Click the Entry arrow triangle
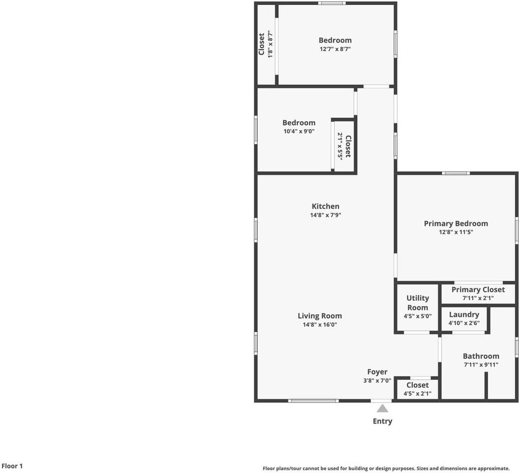(x=382, y=408)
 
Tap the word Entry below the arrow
(x=382, y=421)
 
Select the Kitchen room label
(x=325, y=206)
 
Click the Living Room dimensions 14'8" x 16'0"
(x=320, y=325)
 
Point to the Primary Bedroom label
(x=456, y=224)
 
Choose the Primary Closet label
(x=478, y=290)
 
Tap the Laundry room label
(x=464, y=314)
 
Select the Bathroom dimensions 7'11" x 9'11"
(x=481, y=365)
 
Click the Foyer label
(x=377, y=372)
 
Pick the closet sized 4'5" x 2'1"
(x=417, y=389)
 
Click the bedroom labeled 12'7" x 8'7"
(x=335, y=44)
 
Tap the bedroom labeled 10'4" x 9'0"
(x=299, y=127)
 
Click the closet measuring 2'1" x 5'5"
(x=344, y=146)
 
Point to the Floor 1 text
(x=12, y=466)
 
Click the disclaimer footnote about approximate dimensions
(x=386, y=469)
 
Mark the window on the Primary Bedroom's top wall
(x=455, y=173)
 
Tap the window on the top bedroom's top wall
(x=331, y=3)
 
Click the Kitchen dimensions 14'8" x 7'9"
(x=325, y=215)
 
